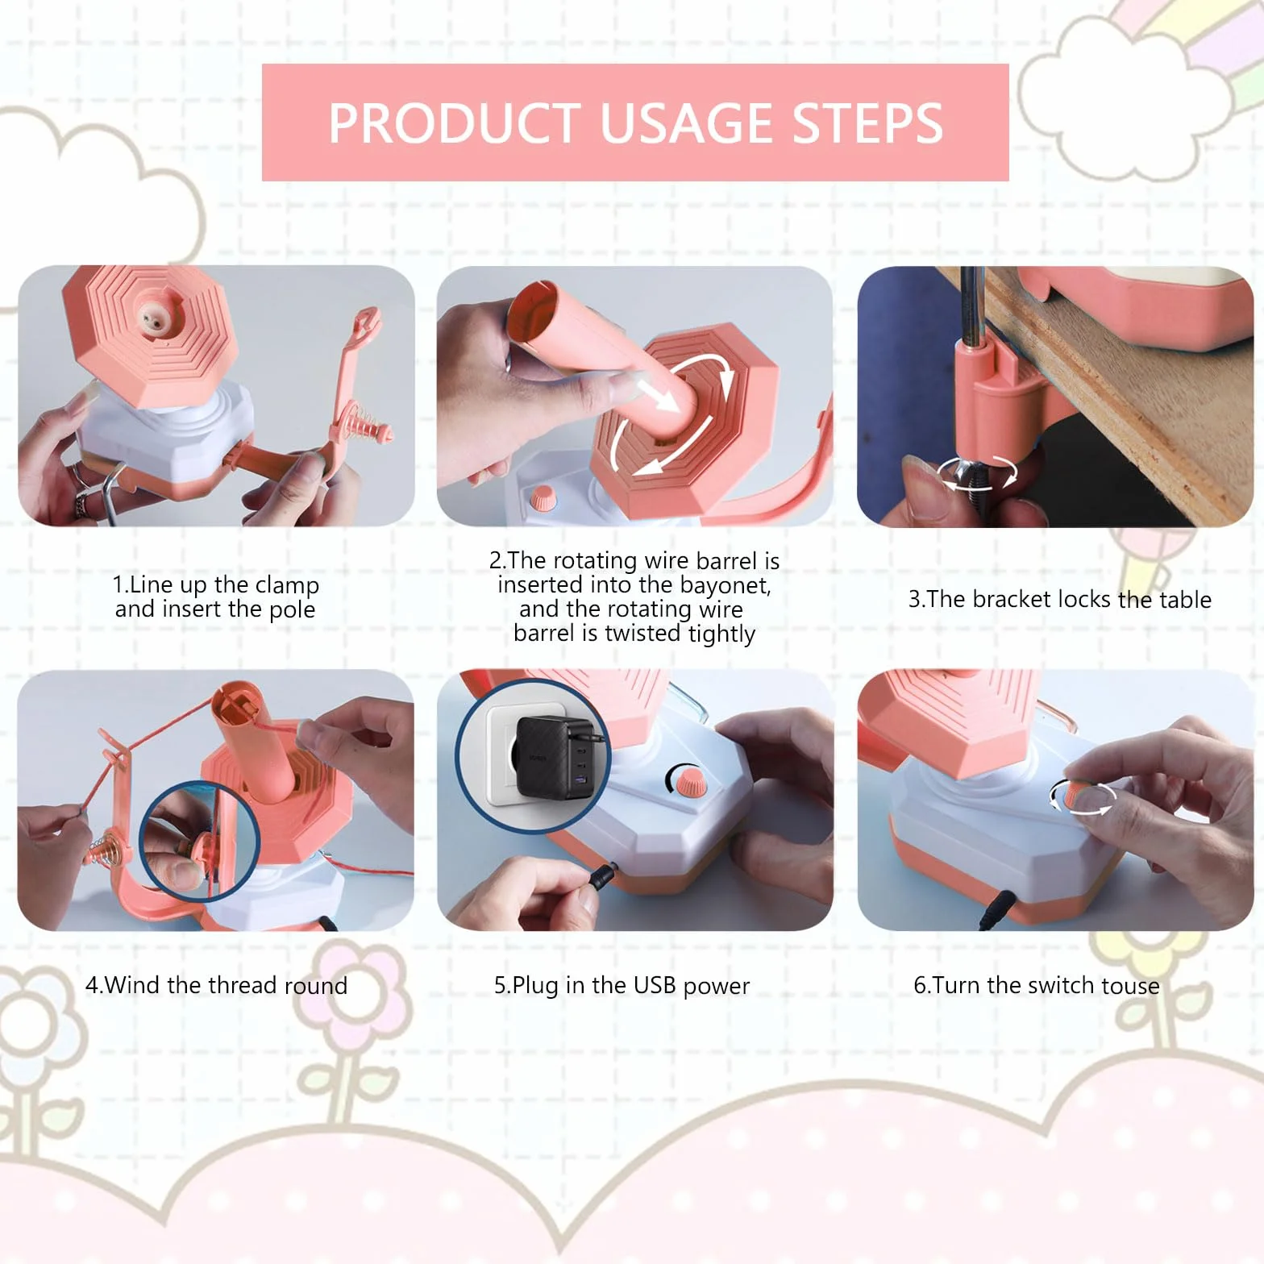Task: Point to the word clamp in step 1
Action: tap(287, 585)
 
